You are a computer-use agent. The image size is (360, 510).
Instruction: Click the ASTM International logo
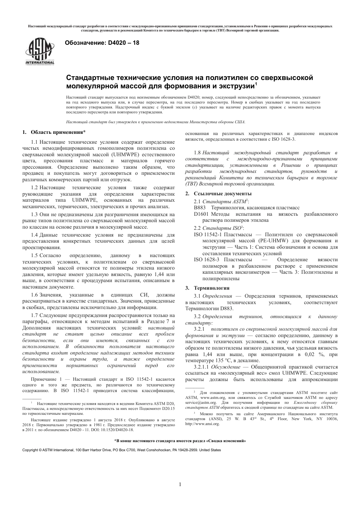pyautogui.click(x=40, y=52)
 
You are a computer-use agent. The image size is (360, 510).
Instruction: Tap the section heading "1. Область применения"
pyautogui.click(x=53, y=132)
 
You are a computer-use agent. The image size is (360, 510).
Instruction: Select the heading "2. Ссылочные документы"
pyautogui.click(x=213, y=194)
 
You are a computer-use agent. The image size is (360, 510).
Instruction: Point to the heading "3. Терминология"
pyautogui.click(x=207, y=288)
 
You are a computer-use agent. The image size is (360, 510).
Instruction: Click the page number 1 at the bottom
pyautogui.click(x=180, y=484)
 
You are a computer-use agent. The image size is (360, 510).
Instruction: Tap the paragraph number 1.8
pyautogui.click(x=197, y=152)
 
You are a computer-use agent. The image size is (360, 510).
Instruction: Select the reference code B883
pyautogui.click(x=200, y=208)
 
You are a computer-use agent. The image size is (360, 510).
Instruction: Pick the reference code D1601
pyautogui.click(x=201, y=214)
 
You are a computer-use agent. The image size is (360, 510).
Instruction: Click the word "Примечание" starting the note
pyautogui.click(x=43, y=379)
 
